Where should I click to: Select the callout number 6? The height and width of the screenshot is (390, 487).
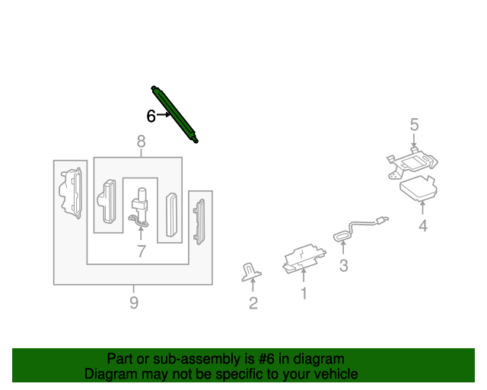[151, 116]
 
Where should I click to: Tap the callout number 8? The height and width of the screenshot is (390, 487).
[141, 141]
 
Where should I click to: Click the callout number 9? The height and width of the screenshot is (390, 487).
[134, 303]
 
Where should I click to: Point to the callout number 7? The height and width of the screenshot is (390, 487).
[141, 251]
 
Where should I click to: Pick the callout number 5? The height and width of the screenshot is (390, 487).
[415, 124]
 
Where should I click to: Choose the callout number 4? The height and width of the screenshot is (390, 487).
[423, 225]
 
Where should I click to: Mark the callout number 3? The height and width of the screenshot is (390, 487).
[343, 265]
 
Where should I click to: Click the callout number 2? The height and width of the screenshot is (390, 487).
[253, 304]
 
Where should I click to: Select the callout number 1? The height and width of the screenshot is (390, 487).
[303, 292]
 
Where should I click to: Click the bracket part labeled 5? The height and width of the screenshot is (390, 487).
[412, 162]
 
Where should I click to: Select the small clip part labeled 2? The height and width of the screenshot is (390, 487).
[251, 272]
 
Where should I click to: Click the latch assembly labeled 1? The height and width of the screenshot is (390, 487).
[303, 257]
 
